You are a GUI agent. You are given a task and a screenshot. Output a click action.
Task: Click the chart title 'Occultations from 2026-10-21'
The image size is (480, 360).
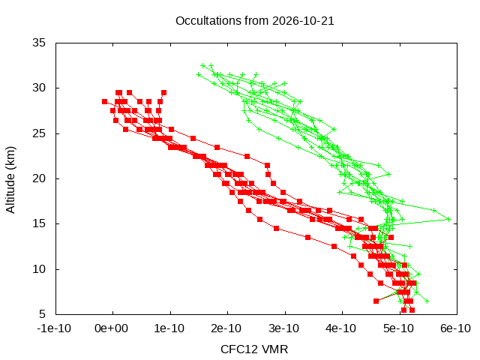point(255,21)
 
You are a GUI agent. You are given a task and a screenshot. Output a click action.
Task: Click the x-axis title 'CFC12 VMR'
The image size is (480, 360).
point(254,349)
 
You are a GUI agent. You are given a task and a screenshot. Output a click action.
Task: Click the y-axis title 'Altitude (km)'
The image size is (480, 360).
point(10,180)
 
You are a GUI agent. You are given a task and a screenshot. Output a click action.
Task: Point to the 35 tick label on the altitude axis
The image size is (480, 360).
point(39,43)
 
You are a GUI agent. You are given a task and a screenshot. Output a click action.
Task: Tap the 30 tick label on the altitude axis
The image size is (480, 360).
point(39,88)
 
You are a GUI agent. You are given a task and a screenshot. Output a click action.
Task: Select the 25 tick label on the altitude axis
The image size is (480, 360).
point(39,133)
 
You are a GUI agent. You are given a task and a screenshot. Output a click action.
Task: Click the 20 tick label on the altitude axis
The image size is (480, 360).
point(39,178)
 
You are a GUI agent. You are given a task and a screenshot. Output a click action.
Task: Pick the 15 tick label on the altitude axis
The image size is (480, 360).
point(39,223)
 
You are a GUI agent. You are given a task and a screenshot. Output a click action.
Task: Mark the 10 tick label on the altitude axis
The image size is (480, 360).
point(39,269)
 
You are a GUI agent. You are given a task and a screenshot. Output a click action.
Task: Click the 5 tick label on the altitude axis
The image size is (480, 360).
point(42,314)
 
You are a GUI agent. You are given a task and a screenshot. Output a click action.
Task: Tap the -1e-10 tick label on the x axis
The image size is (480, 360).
point(54,328)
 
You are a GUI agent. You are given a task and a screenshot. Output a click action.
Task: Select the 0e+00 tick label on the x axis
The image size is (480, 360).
point(111,328)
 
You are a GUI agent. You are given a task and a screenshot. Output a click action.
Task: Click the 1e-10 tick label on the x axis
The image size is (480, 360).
point(169,328)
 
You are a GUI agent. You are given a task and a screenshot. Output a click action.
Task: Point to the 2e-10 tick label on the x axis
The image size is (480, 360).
point(226,328)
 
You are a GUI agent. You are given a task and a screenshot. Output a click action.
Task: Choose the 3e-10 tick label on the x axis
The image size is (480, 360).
point(283,328)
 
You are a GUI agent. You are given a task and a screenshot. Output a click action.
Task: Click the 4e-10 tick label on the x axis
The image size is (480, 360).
point(341,328)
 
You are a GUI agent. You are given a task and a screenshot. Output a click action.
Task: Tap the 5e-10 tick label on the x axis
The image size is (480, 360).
point(398,328)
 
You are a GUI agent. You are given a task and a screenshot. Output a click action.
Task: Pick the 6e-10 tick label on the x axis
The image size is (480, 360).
point(455,328)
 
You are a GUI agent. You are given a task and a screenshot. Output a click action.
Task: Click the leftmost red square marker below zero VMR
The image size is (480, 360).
point(105,102)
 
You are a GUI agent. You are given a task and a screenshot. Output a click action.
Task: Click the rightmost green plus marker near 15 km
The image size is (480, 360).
point(449,219)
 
